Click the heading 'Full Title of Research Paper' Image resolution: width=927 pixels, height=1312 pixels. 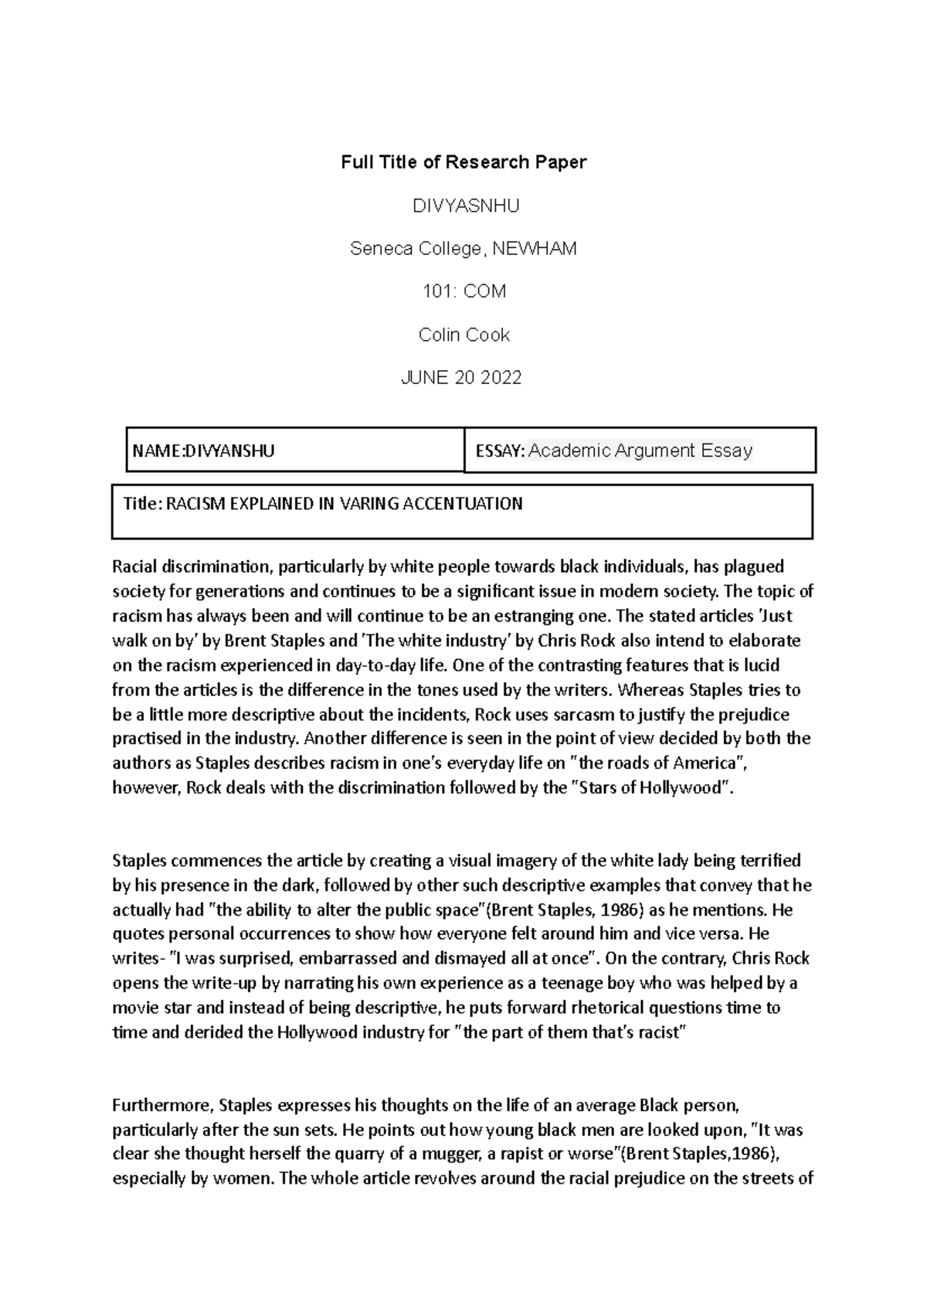[463, 162]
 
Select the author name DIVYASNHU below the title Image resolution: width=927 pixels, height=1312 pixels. [465, 206]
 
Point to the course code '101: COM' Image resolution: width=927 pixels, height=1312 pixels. [463, 291]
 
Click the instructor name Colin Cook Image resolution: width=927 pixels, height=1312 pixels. [463, 335]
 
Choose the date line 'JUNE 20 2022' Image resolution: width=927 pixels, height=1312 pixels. [462, 377]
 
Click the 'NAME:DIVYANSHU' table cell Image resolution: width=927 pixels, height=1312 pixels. [204, 450]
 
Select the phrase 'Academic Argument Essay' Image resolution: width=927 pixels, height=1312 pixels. [640, 450]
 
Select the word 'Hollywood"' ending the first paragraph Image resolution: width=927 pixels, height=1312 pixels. [691, 788]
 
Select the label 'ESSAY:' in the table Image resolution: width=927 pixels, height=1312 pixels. [500, 451]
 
